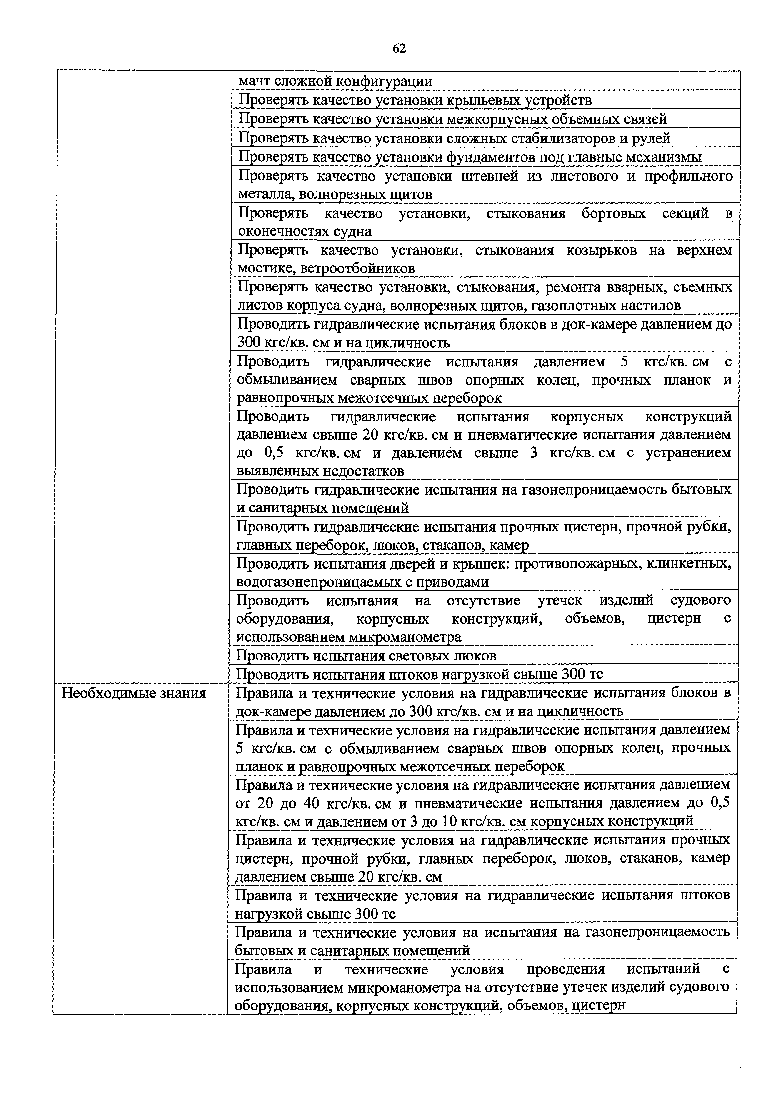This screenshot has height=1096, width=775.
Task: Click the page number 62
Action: coord(399,48)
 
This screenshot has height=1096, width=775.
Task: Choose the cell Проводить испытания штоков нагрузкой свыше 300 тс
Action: coord(420,674)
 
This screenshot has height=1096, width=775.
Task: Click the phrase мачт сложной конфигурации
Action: coord(335,81)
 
